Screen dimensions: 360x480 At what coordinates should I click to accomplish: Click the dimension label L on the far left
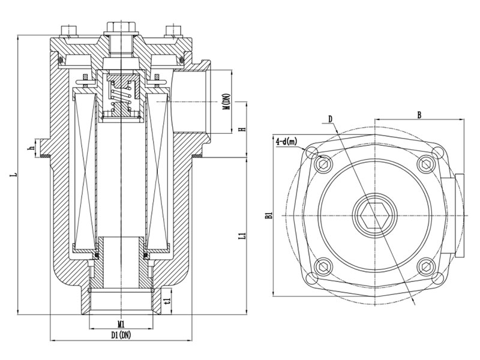pos(13,175)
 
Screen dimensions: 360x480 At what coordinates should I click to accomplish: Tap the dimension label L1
pos(241,236)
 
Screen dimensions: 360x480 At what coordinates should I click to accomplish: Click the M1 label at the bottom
pos(121,324)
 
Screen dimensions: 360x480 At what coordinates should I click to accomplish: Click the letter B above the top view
pos(419,113)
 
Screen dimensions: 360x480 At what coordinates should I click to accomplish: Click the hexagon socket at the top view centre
pos(372,214)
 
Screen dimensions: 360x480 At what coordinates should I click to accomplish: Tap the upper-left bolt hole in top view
pos(324,162)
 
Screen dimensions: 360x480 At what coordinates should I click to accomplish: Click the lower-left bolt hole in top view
pos(324,264)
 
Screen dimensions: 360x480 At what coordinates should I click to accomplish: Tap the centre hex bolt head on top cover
pos(122,28)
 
